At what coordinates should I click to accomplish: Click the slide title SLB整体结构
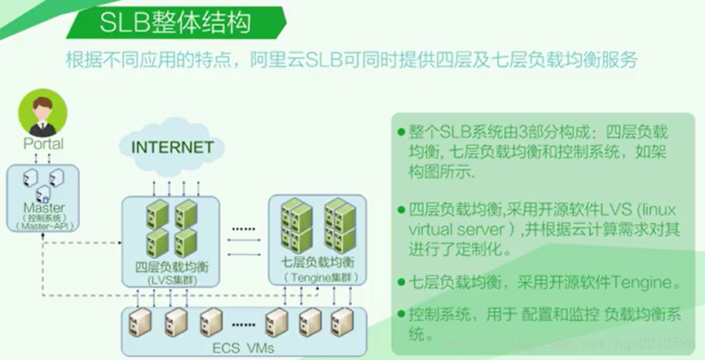click(176, 23)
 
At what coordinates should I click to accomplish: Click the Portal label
click(43, 144)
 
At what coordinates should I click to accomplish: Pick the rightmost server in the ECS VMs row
click(338, 323)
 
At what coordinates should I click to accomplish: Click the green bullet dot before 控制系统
click(400, 314)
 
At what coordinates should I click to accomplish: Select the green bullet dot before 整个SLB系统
click(400, 132)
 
